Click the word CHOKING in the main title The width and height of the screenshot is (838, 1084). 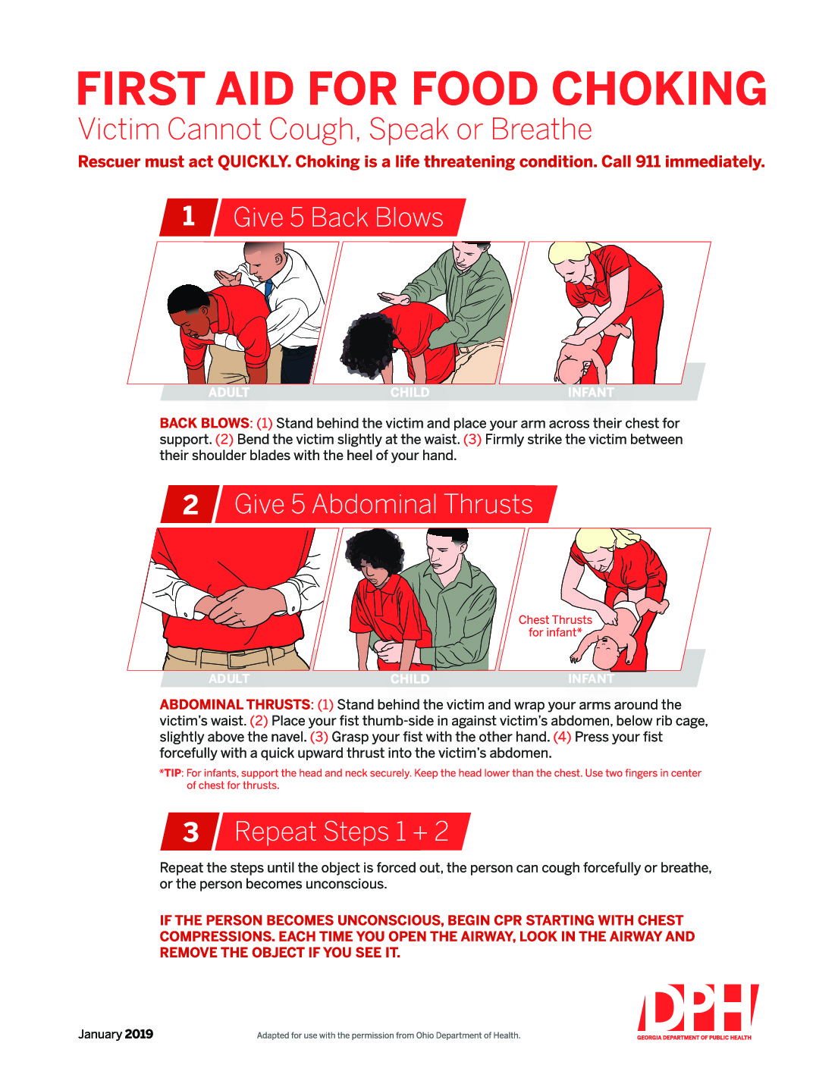(x=659, y=89)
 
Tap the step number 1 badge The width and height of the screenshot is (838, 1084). (x=188, y=217)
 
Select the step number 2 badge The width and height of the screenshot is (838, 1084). (x=190, y=505)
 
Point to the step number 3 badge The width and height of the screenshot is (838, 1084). (x=190, y=832)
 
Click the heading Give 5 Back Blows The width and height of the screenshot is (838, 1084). (x=338, y=218)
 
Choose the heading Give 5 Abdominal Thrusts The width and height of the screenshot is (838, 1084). (x=384, y=505)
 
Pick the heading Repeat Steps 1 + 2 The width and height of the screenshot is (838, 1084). (x=341, y=832)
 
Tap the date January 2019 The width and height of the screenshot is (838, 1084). (x=115, y=1034)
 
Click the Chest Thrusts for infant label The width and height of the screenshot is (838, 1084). (x=555, y=626)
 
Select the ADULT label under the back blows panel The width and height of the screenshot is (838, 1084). (x=228, y=393)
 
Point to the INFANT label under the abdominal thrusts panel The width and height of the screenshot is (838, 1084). (x=590, y=679)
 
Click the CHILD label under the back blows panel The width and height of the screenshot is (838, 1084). (x=410, y=393)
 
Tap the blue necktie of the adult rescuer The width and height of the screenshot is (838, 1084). (x=268, y=290)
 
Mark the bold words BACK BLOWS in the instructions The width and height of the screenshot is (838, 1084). (x=204, y=423)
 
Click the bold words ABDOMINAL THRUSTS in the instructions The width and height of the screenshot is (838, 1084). (x=235, y=704)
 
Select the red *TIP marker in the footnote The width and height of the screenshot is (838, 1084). (x=171, y=773)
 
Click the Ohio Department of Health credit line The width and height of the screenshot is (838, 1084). (x=388, y=1035)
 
